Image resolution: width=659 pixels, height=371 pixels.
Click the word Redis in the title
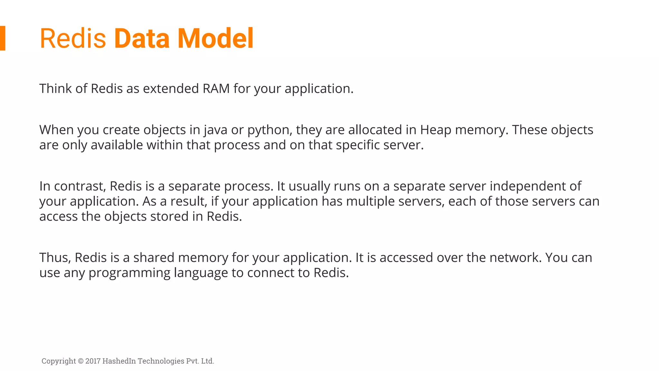pos(73,38)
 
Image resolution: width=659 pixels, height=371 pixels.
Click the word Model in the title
pos(215,38)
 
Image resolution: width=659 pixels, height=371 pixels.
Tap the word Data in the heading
pos(142,38)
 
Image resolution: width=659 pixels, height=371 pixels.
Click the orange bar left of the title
pos(3,38)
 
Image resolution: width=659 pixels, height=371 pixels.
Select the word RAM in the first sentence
pos(216,89)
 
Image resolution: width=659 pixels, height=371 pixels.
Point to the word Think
pos(55,89)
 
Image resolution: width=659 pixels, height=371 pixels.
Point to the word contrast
pos(79,186)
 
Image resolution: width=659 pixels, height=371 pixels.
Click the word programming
pos(129,273)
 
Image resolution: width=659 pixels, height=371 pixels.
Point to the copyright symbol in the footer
pos(81,361)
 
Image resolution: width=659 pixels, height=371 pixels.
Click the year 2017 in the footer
pos(93,361)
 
